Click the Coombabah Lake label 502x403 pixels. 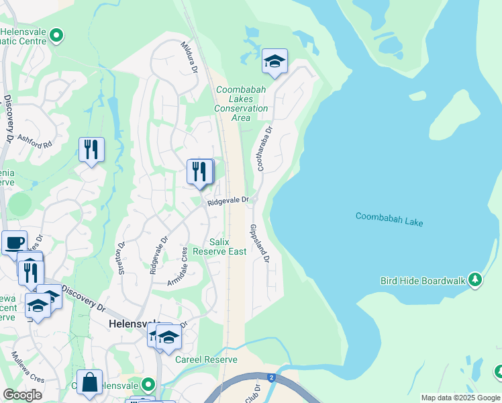[389, 219]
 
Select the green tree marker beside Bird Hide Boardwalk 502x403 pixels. [475, 279]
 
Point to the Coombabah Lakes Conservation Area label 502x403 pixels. [241, 103]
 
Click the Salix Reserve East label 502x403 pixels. [219, 247]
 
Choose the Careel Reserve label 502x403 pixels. [206, 359]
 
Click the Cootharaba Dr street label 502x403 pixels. [262, 148]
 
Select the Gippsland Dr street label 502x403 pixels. [260, 244]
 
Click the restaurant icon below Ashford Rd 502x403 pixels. [91, 149]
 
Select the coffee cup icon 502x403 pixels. [14, 242]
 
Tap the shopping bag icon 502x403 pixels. [89, 382]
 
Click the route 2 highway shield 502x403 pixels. [271, 378]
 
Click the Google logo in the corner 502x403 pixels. [22, 395]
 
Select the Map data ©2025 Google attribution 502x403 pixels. [460, 398]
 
